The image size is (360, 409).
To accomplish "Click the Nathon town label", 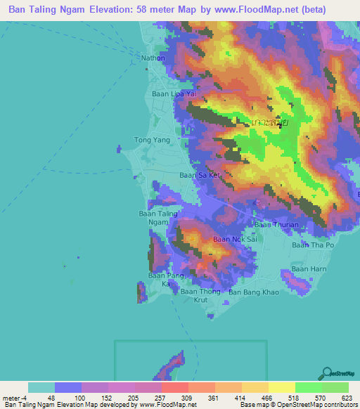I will pyautogui.click(x=153, y=58).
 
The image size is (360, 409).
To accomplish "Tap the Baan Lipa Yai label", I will pyautogui.click(x=172, y=93).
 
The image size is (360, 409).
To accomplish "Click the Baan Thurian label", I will pyautogui.click(x=272, y=224).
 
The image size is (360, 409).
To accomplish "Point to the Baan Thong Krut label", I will pyautogui.click(x=195, y=295).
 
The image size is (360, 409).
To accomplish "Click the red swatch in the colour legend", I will pyautogui.click(x=174, y=387).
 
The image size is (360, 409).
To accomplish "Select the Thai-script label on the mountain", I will pyautogui.click(x=270, y=122).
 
